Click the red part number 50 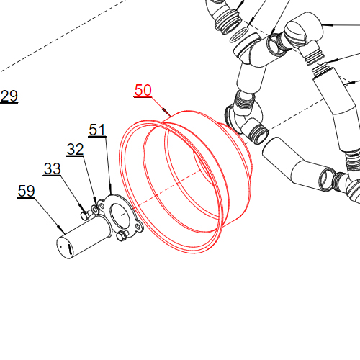tap(143, 90)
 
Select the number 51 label tap(97, 130)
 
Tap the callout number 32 tap(75, 149)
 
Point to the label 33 tap(53, 168)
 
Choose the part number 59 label tap(26, 191)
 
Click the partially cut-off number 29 tap(9, 96)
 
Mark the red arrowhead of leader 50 tap(166, 112)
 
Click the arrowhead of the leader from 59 tap(61, 229)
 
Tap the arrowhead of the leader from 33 tap(81, 207)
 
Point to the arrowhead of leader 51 tap(110, 189)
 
